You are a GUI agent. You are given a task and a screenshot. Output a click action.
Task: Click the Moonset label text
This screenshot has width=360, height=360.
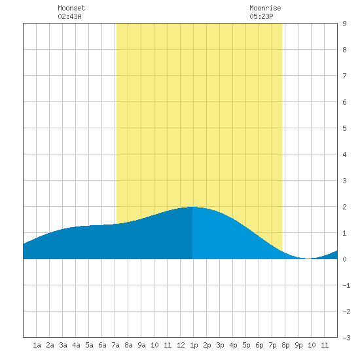click(71, 9)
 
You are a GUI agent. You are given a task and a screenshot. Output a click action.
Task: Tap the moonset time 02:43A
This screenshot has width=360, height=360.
click(69, 16)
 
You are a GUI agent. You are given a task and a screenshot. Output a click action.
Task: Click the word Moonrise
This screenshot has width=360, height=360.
click(265, 9)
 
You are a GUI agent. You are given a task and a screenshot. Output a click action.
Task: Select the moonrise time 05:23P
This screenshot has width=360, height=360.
click(261, 16)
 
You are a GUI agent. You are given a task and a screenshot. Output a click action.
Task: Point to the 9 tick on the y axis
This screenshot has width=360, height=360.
click(344, 24)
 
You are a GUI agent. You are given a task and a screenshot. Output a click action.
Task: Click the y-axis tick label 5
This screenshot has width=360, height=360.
click(344, 128)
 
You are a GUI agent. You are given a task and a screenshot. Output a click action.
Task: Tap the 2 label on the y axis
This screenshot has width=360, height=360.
click(344, 207)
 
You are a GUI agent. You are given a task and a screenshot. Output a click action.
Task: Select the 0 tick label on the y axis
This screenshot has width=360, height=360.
click(344, 259)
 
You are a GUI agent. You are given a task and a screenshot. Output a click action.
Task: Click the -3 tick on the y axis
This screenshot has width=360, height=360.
click(346, 338)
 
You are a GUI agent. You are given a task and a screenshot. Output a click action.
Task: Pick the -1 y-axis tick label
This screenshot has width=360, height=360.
click(346, 285)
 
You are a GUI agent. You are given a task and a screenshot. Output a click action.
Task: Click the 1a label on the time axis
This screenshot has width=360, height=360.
click(37, 345)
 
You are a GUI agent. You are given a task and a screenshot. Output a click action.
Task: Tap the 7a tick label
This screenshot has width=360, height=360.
click(115, 345)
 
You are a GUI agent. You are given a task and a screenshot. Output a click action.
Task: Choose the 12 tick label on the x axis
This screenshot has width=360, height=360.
click(181, 345)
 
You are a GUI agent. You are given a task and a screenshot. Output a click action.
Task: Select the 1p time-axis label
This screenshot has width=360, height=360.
click(194, 345)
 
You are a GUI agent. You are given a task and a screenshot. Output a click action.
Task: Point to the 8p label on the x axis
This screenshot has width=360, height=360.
click(285, 345)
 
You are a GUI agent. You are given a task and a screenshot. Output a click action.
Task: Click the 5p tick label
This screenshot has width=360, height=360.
click(246, 345)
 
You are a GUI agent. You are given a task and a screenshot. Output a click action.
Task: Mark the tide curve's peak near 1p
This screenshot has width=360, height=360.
click(192, 207)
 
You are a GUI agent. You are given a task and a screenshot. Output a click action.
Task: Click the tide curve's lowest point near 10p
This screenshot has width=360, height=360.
click(308, 259)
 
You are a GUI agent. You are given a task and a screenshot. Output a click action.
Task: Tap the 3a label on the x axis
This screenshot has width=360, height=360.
click(63, 345)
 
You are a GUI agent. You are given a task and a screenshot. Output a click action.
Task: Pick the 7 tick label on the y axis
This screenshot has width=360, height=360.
click(344, 76)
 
